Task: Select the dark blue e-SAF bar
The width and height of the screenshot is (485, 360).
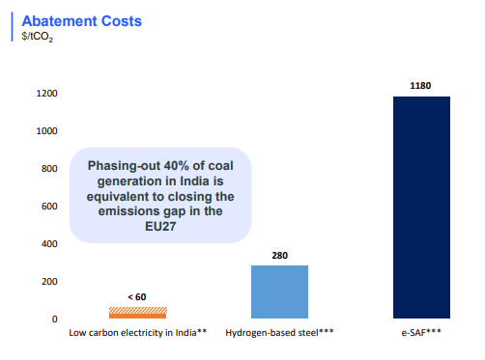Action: [x=421, y=208]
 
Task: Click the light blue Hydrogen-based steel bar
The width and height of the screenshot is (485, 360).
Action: [x=279, y=291]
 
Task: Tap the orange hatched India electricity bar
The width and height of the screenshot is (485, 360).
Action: [x=137, y=313]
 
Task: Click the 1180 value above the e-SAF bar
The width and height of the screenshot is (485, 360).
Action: [x=421, y=87]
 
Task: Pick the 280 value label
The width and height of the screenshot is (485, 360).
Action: [x=279, y=256]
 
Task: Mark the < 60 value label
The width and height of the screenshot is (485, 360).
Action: [x=136, y=297]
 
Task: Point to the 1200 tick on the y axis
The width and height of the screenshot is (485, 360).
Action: [x=47, y=95]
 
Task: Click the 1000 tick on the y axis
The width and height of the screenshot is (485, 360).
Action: [x=47, y=132]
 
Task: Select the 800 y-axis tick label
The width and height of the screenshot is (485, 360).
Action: [x=50, y=169]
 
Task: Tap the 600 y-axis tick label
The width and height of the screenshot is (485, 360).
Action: [x=50, y=207]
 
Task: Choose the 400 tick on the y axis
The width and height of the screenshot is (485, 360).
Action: [x=50, y=244]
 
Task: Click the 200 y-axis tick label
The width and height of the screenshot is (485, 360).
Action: [x=50, y=282]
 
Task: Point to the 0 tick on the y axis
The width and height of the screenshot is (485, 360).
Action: [x=55, y=319]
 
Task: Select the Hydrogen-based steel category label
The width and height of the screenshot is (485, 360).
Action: [x=279, y=333]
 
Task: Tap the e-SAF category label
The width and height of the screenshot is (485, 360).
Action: [x=421, y=333]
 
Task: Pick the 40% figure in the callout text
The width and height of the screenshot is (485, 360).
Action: [x=169, y=163]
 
